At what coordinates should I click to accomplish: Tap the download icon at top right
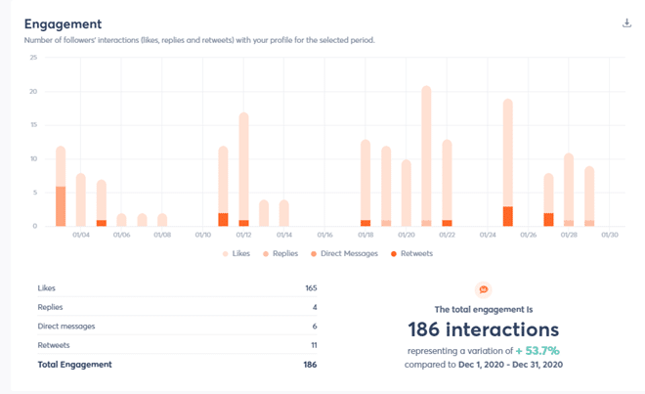(x=626, y=22)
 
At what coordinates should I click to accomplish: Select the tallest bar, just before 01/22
(x=426, y=156)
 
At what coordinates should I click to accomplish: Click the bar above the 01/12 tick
(x=243, y=168)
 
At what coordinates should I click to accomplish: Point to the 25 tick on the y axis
(x=33, y=57)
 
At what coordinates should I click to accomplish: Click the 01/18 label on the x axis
(x=365, y=235)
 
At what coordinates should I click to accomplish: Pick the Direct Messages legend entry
(x=349, y=253)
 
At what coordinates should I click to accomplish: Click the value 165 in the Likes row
(x=310, y=288)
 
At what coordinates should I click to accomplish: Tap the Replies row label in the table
(x=51, y=307)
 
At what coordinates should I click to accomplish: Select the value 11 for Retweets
(x=312, y=344)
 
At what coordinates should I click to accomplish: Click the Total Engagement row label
(x=74, y=364)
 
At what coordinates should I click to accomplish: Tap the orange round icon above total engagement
(x=482, y=289)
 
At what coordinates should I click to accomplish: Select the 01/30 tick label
(x=610, y=235)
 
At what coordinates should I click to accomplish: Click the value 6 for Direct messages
(x=314, y=326)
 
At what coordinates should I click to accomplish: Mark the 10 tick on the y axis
(x=33, y=158)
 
